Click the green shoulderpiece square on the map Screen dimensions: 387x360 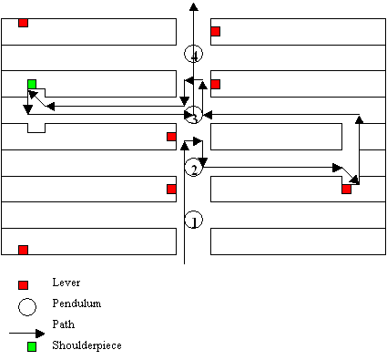pyautogui.click(x=32, y=84)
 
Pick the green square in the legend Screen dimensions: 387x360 pyautogui.click(x=32, y=346)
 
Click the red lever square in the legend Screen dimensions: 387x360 pyautogui.click(x=23, y=285)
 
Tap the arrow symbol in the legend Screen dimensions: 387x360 pyautogui.click(x=26, y=334)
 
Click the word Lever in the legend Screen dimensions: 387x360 pyautogui.click(x=66, y=283)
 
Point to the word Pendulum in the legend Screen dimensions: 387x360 pyautogui.click(x=76, y=303)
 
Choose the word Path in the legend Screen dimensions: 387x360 pyautogui.click(x=64, y=324)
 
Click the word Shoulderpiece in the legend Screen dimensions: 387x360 pyautogui.click(x=87, y=345)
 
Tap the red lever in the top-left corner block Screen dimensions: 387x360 pyautogui.click(x=23, y=23)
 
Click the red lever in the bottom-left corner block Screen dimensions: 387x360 pyautogui.click(x=23, y=250)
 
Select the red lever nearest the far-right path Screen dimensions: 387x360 pyautogui.click(x=346, y=190)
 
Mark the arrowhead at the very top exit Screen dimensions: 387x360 pyautogui.click(x=193, y=6)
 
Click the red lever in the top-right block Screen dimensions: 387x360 pyautogui.click(x=215, y=31)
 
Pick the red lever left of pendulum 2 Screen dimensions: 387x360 pyautogui.click(x=171, y=189)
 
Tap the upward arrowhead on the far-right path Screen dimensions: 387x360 pyautogui.click(x=360, y=119)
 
